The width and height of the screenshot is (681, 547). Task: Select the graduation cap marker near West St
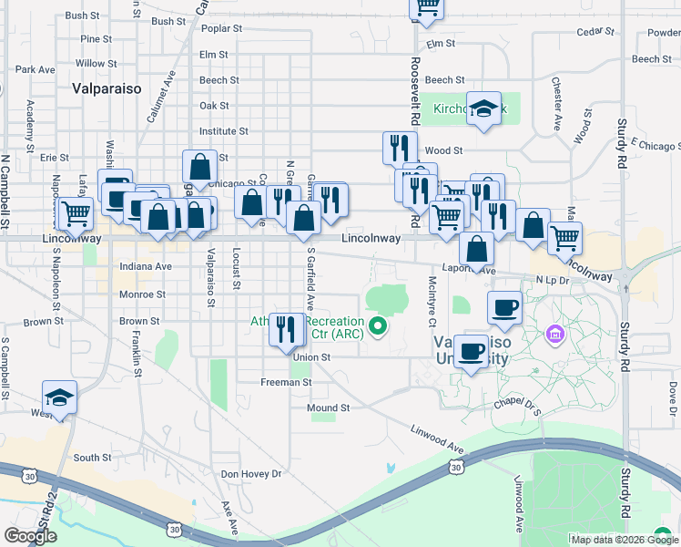coord(60,398)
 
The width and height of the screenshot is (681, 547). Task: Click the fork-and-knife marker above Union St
coord(288,331)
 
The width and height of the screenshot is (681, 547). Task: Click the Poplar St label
coord(221,28)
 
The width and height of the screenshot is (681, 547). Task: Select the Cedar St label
coord(596,32)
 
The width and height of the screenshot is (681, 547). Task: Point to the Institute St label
coord(223,131)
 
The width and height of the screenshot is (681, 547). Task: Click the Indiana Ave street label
coord(145,266)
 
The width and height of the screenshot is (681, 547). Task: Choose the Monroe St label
coord(142,294)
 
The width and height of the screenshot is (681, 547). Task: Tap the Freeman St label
coord(286,382)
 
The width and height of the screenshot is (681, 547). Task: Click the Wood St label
coord(444,150)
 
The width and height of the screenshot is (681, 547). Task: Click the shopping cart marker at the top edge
coord(426,9)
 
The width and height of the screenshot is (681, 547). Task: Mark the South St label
coord(92,458)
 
